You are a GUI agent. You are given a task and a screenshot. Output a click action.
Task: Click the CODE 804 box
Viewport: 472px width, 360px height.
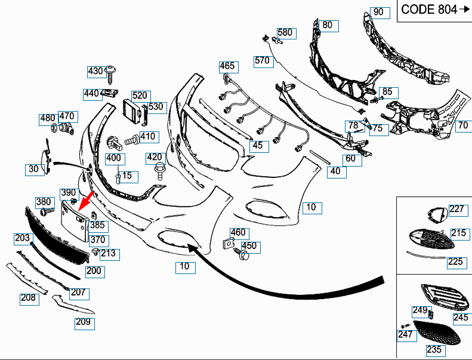tap(433, 10)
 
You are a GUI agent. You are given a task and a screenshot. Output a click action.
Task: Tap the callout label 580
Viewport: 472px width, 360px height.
tap(285, 33)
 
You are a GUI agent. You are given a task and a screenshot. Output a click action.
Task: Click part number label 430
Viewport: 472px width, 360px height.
tap(95, 71)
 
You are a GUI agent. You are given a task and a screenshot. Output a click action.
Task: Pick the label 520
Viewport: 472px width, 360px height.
tap(140, 96)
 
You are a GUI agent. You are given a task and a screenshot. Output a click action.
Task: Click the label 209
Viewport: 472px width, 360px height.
tap(84, 322)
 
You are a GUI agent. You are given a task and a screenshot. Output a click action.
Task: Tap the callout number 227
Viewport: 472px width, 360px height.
tap(456, 209)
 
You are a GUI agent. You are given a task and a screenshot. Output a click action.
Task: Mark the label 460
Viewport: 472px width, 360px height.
tap(238, 233)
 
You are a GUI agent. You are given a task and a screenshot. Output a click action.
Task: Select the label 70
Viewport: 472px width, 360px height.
tap(463, 126)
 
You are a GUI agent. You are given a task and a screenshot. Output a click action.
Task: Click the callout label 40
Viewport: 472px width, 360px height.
tap(335, 171)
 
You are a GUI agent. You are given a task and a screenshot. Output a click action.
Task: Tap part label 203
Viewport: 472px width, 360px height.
tap(22, 238)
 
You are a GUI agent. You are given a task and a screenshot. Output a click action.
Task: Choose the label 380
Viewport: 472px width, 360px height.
tap(44, 202)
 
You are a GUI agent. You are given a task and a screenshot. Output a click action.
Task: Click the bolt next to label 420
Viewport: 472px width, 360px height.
tap(158, 171)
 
